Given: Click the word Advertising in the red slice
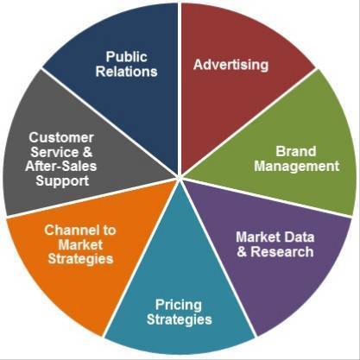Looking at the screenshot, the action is tap(231, 65).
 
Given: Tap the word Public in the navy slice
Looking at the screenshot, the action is tap(127, 57).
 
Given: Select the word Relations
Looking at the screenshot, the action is tap(127, 72).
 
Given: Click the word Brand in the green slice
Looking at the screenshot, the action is tap(296, 151).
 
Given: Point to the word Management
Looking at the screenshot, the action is tap(297, 167).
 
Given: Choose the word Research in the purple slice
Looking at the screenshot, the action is tap(282, 252).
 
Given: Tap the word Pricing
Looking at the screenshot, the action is tap(179, 306).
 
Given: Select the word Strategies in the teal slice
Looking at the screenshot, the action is tap(180, 319).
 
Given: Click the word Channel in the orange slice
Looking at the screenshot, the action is tap(68, 230).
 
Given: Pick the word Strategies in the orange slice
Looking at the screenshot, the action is tap(80, 259).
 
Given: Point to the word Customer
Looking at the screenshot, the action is tap(61, 137).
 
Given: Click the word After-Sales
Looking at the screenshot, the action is tap(61, 167).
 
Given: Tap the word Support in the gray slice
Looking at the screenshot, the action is tap(62, 181).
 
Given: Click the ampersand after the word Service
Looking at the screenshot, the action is tap(87, 152).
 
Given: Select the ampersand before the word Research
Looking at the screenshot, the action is tap(242, 252).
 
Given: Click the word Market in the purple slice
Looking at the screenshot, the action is tap(257, 237).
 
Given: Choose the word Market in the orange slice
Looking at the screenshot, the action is tap(80, 244).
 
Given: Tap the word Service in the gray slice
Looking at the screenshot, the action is tap(54, 152).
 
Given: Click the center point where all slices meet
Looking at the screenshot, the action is tap(180, 176).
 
